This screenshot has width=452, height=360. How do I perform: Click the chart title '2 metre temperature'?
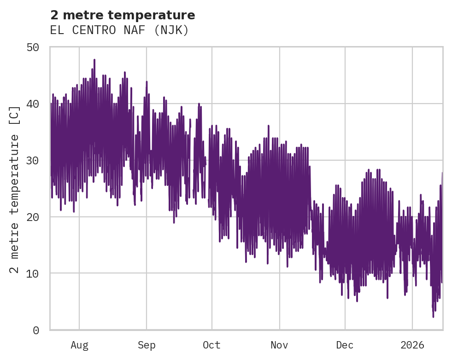point(123,15)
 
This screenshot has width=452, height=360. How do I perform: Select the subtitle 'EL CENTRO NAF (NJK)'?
point(119,30)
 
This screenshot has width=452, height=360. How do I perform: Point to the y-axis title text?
point(15,189)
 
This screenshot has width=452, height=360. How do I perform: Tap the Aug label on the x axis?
point(79,345)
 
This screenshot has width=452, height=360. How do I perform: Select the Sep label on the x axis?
point(147,345)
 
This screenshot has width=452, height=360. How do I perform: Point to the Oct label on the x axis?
point(212,345)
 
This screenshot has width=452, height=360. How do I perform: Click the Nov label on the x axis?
point(279,345)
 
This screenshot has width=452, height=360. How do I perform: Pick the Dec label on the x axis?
point(345,345)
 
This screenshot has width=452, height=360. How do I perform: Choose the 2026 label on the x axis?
point(412,345)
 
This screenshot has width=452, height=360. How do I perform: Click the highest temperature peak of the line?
point(94,60)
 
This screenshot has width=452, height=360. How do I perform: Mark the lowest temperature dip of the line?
point(433,317)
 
